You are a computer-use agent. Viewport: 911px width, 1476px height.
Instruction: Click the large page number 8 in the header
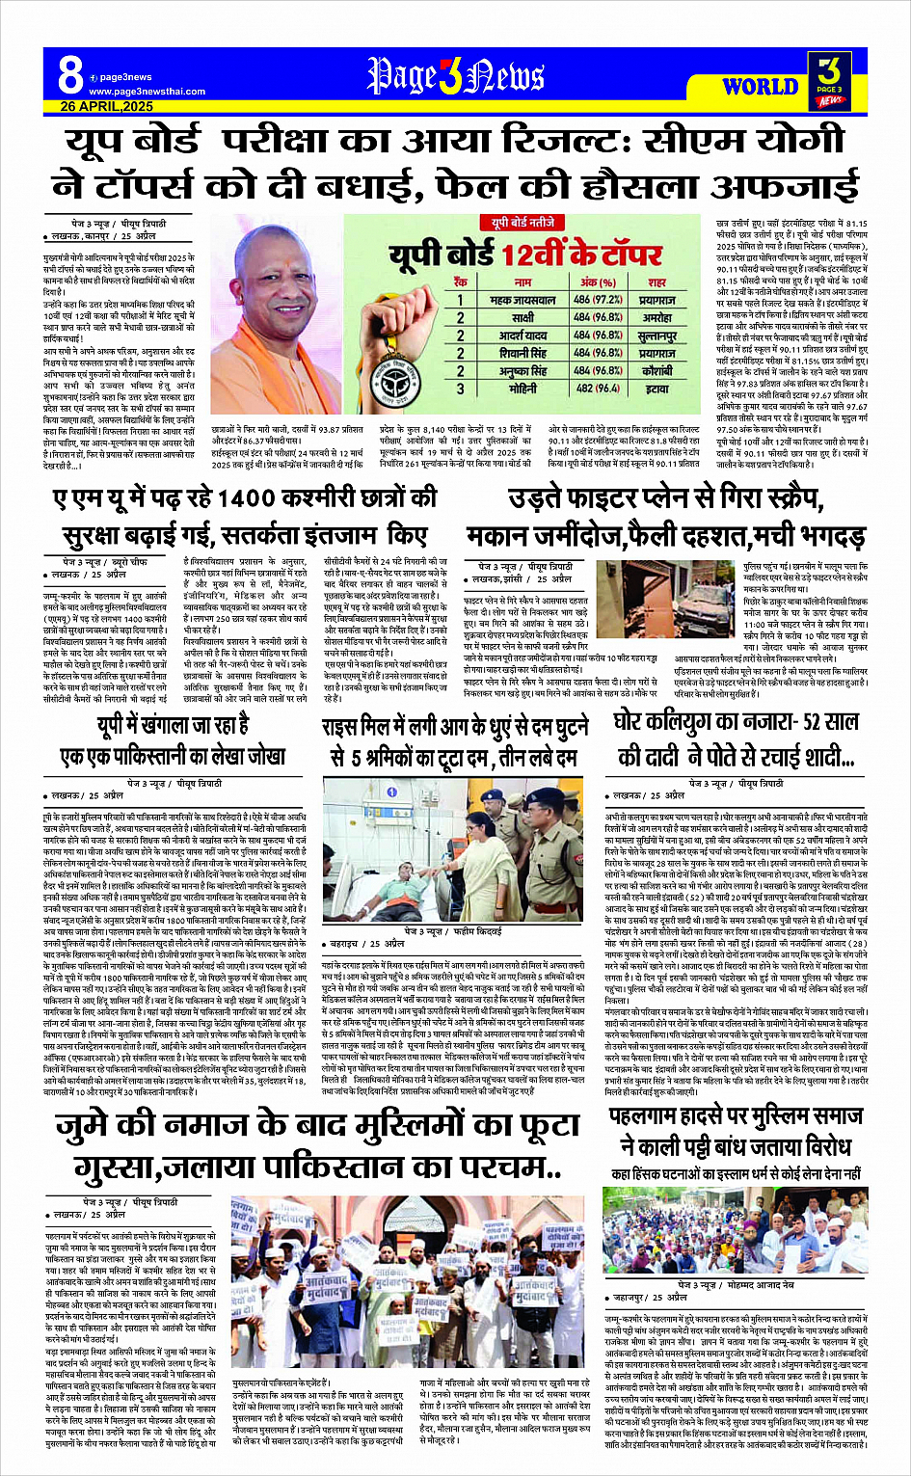point(69,73)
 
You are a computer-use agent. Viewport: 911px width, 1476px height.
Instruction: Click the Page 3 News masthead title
point(455,76)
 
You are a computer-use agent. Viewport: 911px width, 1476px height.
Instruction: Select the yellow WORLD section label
point(760,87)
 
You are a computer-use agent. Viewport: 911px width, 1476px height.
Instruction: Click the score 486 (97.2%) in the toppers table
point(598,300)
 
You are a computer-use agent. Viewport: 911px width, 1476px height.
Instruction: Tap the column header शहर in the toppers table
point(656,282)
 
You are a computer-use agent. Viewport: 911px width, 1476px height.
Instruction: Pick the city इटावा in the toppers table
point(656,388)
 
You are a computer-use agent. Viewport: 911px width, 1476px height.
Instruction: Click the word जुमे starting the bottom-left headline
point(94,1127)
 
